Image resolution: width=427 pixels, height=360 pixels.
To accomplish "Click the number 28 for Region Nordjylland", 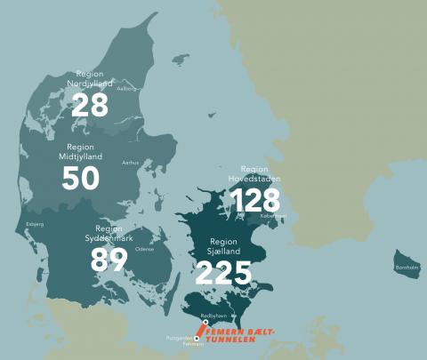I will coord(89,105).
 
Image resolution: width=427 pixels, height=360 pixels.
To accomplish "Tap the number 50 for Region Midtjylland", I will coord(80,178).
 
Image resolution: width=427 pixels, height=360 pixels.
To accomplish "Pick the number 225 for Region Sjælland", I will coord(223,272).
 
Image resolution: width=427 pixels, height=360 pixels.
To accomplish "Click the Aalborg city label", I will coord(127,89).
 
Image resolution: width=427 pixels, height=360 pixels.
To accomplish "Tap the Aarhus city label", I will coord(131,163).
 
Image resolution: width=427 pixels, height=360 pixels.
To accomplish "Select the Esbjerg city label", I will coord(35,224).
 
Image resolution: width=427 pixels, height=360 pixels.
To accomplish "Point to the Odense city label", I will coord(144,249).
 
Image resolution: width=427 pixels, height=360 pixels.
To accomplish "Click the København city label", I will coord(273,215).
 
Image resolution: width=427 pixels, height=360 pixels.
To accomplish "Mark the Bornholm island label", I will coord(407,267).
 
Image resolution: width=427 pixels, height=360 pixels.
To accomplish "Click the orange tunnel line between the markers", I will coord(201,331).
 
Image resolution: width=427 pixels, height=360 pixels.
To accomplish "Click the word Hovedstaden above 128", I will coord(255,178).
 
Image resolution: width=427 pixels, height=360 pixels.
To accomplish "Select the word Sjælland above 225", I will coord(223,252).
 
